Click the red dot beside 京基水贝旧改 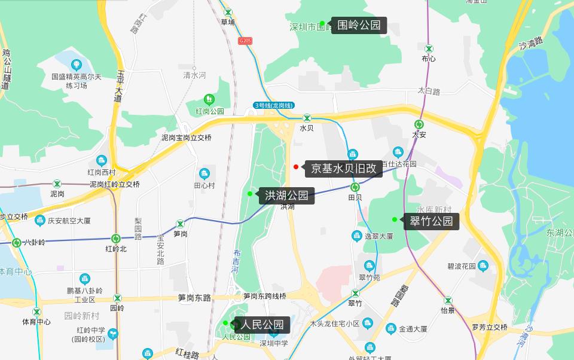coord(296,166)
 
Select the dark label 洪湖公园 coord(286,195)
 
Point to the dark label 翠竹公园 coord(431,221)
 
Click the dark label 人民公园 coord(262,325)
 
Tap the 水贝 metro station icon coord(307,118)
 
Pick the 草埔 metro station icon coord(228,12)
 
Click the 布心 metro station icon coord(429,48)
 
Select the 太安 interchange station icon coord(419,124)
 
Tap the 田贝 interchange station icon coord(355,187)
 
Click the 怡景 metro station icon coord(448,300)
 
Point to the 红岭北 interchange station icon coord(116,239)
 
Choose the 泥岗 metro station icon coord(57,184)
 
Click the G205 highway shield coord(245,41)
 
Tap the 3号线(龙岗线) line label coord(273,105)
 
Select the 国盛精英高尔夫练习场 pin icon coord(76,65)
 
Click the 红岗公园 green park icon coord(209,99)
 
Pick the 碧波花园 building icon coord(483,266)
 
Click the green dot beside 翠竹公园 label coord(395,219)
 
